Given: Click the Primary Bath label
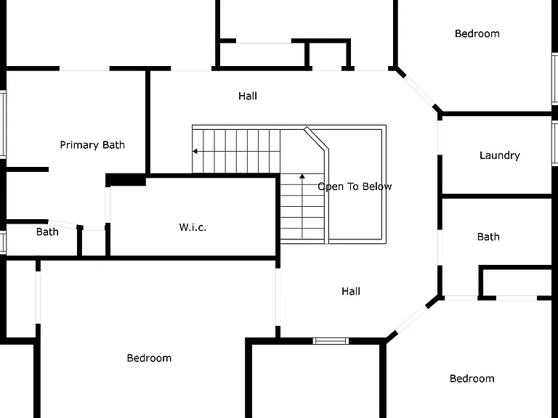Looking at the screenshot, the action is pos(92,145).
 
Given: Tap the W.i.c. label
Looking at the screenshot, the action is pos(193,227).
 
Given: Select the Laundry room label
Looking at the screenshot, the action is pos(500,155).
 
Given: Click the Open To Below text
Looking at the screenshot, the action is pos(355,187).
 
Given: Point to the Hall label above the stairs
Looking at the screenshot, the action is pos(248,96).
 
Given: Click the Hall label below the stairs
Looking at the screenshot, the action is pos(351,292).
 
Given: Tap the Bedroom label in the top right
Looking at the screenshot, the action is pos(477,34).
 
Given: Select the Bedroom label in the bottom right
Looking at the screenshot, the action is pos(472,379).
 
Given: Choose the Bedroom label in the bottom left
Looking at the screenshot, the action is pos(149,358).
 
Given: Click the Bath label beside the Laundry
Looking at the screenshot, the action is pos(488,237).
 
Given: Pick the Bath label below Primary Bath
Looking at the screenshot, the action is pos(47,232).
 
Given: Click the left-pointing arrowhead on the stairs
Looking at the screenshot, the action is pos(195,152).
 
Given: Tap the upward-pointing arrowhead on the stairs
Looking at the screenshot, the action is pos(302,176).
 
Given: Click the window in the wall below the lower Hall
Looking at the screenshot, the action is pos(331,341).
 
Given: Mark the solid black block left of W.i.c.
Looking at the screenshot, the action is pos(126,180).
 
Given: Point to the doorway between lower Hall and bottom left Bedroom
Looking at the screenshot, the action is pos(278,297).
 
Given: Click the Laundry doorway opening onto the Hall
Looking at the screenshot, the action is pos(440,138).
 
